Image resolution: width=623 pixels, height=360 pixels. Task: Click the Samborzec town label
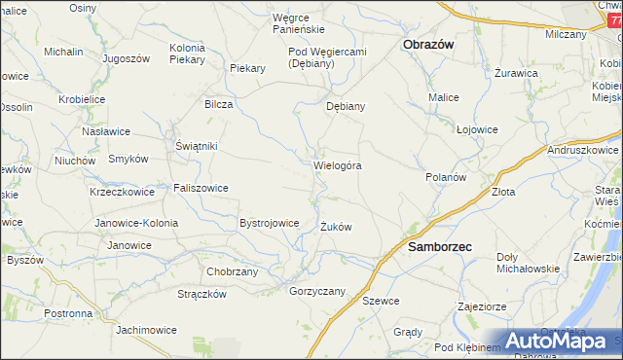439,247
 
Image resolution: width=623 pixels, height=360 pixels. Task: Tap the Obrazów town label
430,45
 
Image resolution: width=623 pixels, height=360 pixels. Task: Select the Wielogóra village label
338,165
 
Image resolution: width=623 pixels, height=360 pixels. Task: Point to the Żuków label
336,227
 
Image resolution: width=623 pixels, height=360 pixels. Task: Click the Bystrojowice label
269,223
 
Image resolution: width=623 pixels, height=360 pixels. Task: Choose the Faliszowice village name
202,188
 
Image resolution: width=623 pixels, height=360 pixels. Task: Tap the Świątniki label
196,146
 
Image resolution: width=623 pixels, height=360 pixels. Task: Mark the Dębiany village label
346,107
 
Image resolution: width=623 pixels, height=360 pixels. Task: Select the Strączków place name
202,294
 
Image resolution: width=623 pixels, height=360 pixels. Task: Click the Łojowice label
477,129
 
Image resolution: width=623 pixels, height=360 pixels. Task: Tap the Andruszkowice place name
583,151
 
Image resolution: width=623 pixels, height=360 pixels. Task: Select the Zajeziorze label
481,306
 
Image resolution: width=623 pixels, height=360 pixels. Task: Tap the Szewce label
381,301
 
